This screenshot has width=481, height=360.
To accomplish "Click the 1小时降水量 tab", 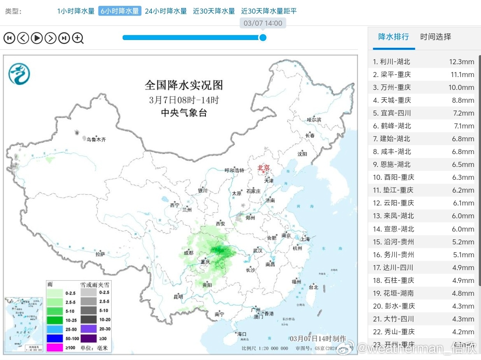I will coord(76,11).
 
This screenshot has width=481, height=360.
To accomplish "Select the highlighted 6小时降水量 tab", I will coord(119,11).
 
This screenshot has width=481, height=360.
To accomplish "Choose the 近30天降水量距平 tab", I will coord(269,11).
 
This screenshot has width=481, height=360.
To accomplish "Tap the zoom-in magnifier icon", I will coord(78,38).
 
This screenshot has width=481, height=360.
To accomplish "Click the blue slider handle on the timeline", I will coord(263,37).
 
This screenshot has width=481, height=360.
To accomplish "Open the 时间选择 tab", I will coord(435,37).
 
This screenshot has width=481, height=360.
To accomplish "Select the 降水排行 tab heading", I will coord(393,37).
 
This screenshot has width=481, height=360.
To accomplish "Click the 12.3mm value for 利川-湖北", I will coord(461,61).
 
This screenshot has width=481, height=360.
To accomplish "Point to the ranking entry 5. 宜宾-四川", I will coord(392,113).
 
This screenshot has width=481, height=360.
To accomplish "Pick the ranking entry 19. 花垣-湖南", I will coord(393,293).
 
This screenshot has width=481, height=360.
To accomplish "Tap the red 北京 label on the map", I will coord(263,168).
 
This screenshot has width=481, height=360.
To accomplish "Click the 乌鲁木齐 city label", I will coord(96,139).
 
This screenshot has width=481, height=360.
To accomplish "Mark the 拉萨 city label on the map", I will coord(100,254).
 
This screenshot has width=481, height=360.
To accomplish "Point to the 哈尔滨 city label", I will coord(314,119).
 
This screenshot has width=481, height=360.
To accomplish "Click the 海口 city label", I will coord(242,334).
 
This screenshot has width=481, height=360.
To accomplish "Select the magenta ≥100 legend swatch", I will coord(54,347).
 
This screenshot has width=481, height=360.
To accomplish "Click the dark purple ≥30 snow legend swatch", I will coord(88,338).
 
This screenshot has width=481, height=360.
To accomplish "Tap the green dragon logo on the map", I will coord(19,74).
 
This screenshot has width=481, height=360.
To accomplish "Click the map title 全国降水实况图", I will coord(184,85).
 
